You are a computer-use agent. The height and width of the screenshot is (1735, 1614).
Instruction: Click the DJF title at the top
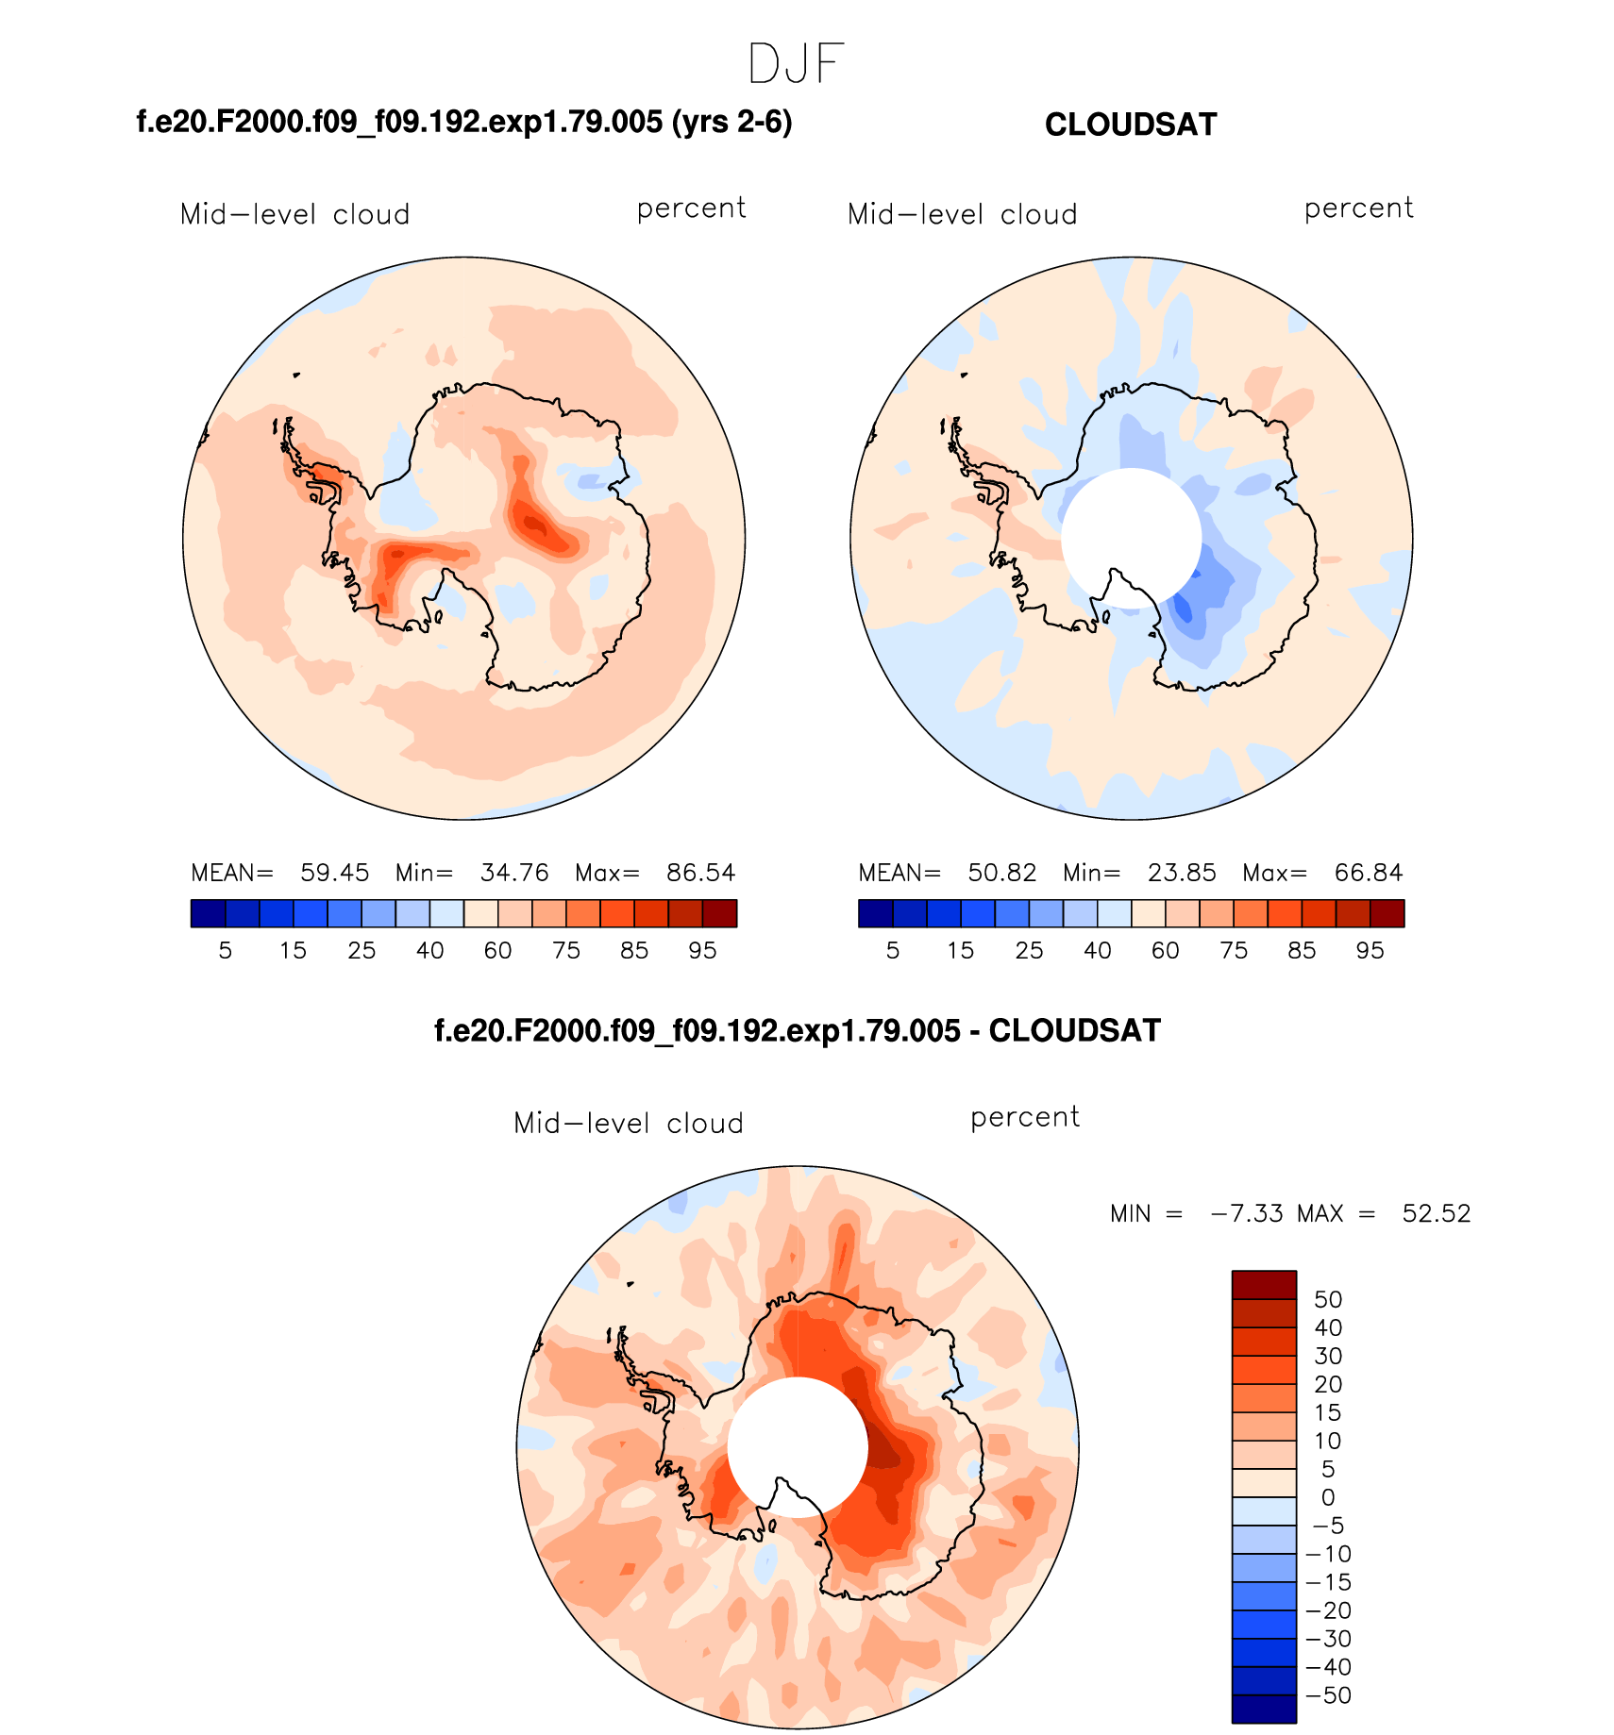pos(796,64)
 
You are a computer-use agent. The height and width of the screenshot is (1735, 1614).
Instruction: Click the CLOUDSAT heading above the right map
pos(1130,125)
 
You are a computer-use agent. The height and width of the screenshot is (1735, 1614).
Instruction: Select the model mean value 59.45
pos(334,873)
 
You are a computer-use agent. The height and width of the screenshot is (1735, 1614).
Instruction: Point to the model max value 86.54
pos(700,873)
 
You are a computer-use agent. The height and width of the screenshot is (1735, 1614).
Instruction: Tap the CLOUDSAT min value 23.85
pos(1181,873)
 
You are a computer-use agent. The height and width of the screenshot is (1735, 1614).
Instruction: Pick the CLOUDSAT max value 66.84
pos(1368,873)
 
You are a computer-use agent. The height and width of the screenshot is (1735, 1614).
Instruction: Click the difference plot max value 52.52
pos(1436,1213)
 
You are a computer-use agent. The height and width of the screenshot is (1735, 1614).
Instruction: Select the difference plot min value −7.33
pos(1247,1213)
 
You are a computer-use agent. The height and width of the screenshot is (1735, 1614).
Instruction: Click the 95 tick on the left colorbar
pos(702,950)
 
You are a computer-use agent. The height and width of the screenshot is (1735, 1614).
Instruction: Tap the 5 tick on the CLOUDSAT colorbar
pos(893,950)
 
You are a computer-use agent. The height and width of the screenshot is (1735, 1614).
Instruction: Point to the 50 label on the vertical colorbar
pos(1328,1299)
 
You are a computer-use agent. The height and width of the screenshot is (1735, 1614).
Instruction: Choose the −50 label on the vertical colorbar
pos(1328,1695)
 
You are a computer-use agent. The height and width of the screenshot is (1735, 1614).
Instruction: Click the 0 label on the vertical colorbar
pos(1328,1497)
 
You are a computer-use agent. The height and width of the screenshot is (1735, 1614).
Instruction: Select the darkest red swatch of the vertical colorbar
pos(1264,1285)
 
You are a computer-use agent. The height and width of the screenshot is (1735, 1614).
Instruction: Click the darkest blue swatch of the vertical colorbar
pos(1264,1710)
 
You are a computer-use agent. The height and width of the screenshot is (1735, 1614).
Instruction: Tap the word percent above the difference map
pos(1024,1118)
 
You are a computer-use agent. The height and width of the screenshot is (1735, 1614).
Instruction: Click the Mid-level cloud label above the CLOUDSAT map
pos(962,215)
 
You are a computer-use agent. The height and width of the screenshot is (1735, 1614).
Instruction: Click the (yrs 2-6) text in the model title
pos(731,123)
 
